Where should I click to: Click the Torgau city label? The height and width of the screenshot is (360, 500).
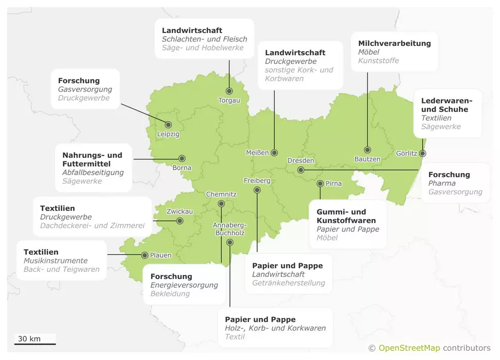(229, 100)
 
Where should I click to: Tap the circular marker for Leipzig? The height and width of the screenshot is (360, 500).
(168, 124)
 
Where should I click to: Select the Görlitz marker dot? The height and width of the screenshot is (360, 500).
(423, 153)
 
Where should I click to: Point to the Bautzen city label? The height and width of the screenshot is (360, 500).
(367, 159)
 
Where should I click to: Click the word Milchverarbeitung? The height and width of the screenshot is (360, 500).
(394, 43)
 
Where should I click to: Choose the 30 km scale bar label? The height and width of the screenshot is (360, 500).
(29, 339)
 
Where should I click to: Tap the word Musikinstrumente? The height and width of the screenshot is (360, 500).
(56, 261)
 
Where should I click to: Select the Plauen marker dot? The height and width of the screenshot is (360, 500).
(144, 255)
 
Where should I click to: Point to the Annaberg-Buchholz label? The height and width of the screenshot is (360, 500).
(230, 228)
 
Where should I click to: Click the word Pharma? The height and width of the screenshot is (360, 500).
(442, 183)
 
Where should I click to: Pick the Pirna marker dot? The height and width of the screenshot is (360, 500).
(320, 183)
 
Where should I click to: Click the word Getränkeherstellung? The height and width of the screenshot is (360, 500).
(289, 283)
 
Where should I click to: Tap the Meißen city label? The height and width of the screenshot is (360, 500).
(257, 153)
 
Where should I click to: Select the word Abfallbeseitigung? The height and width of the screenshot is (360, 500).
(93, 172)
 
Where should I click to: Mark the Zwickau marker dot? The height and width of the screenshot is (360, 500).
(180, 221)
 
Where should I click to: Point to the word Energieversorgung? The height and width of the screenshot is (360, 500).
(184, 285)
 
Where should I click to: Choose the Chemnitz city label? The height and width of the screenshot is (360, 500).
(221, 194)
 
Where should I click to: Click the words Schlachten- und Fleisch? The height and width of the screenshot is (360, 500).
(205, 39)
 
